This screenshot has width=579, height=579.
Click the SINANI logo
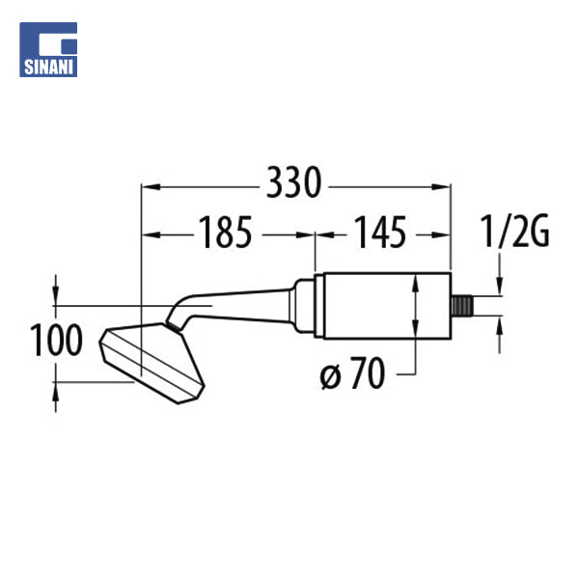pos(48,49)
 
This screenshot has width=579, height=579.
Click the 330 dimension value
pos(294,182)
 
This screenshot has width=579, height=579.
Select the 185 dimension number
pos(225,233)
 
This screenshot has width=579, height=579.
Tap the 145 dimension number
pos(380,233)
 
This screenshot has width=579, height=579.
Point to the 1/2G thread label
pos(514,232)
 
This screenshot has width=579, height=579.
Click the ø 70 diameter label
pos(352,373)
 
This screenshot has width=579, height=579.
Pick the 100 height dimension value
pos(56,340)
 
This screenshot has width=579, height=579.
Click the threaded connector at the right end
pos(462,306)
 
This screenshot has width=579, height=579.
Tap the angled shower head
pos(152,363)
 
